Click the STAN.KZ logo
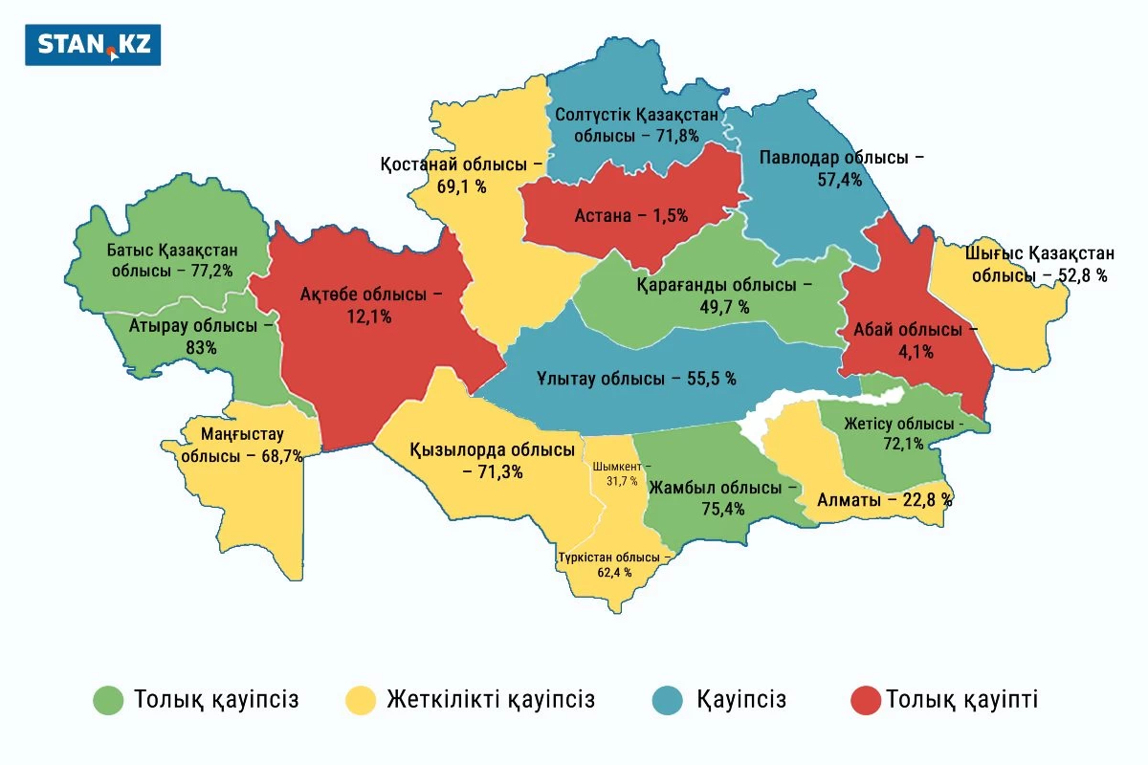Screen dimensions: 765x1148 (93, 45)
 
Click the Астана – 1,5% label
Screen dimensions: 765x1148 (631, 215)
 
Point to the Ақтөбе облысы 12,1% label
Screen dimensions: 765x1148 (372, 305)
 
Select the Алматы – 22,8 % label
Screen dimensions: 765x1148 (884, 499)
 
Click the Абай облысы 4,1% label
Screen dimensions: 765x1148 (908, 339)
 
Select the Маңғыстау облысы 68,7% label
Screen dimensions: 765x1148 (241, 446)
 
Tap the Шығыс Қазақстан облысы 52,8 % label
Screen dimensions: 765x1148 (1039, 265)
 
